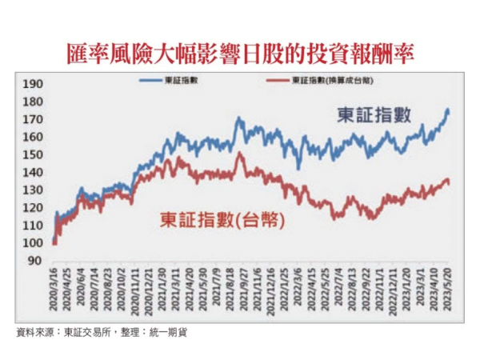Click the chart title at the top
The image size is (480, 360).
pyautogui.click(x=240, y=53)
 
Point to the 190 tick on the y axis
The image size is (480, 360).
pyautogui.click(x=34, y=84)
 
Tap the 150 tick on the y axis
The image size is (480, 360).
pyautogui.click(x=34, y=154)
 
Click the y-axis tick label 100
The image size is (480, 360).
pyautogui.click(x=34, y=242)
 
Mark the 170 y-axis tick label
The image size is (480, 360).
pyautogui.click(x=34, y=119)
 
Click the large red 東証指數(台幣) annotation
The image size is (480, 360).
pyautogui.click(x=223, y=218)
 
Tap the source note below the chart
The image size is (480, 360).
pyautogui.click(x=102, y=332)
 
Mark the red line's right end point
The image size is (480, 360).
pyautogui.click(x=449, y=183)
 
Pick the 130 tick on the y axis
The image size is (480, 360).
pyautogui.click(x=34, y=190)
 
